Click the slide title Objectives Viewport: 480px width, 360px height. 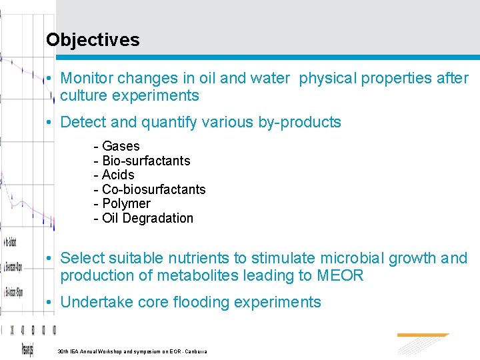[93, 40]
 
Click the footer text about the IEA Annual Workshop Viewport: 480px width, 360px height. [133, 351]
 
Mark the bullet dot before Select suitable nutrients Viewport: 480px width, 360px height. [51, 259]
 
